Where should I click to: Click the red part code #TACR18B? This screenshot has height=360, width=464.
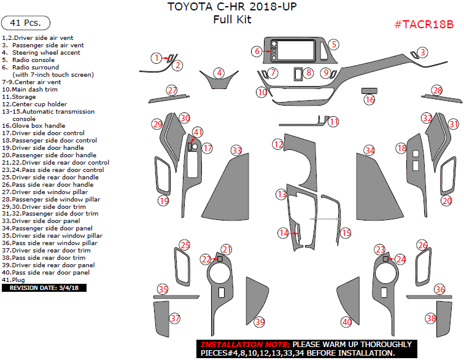(423, 25)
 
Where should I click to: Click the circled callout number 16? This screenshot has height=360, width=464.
(369, 100)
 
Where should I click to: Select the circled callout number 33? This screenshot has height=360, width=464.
(237, 150)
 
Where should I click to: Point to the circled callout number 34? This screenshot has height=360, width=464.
(369, 150)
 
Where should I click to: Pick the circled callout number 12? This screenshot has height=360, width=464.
(278, 144)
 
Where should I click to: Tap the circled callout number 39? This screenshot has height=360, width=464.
(260, 322)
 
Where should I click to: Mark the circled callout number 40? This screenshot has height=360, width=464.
(347, 322)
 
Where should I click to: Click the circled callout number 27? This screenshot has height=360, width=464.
(171, 90)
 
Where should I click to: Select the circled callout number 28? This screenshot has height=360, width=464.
(437, 90)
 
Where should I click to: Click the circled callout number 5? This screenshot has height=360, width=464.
(333, 44)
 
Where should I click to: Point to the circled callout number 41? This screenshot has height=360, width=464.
(198, 132)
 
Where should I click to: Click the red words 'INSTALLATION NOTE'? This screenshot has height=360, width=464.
(246, 344)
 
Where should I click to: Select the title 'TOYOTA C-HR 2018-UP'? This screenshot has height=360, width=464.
(232, 7)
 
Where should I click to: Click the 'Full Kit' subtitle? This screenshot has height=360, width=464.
(232, 20)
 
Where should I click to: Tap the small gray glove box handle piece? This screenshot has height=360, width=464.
(369, 90)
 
